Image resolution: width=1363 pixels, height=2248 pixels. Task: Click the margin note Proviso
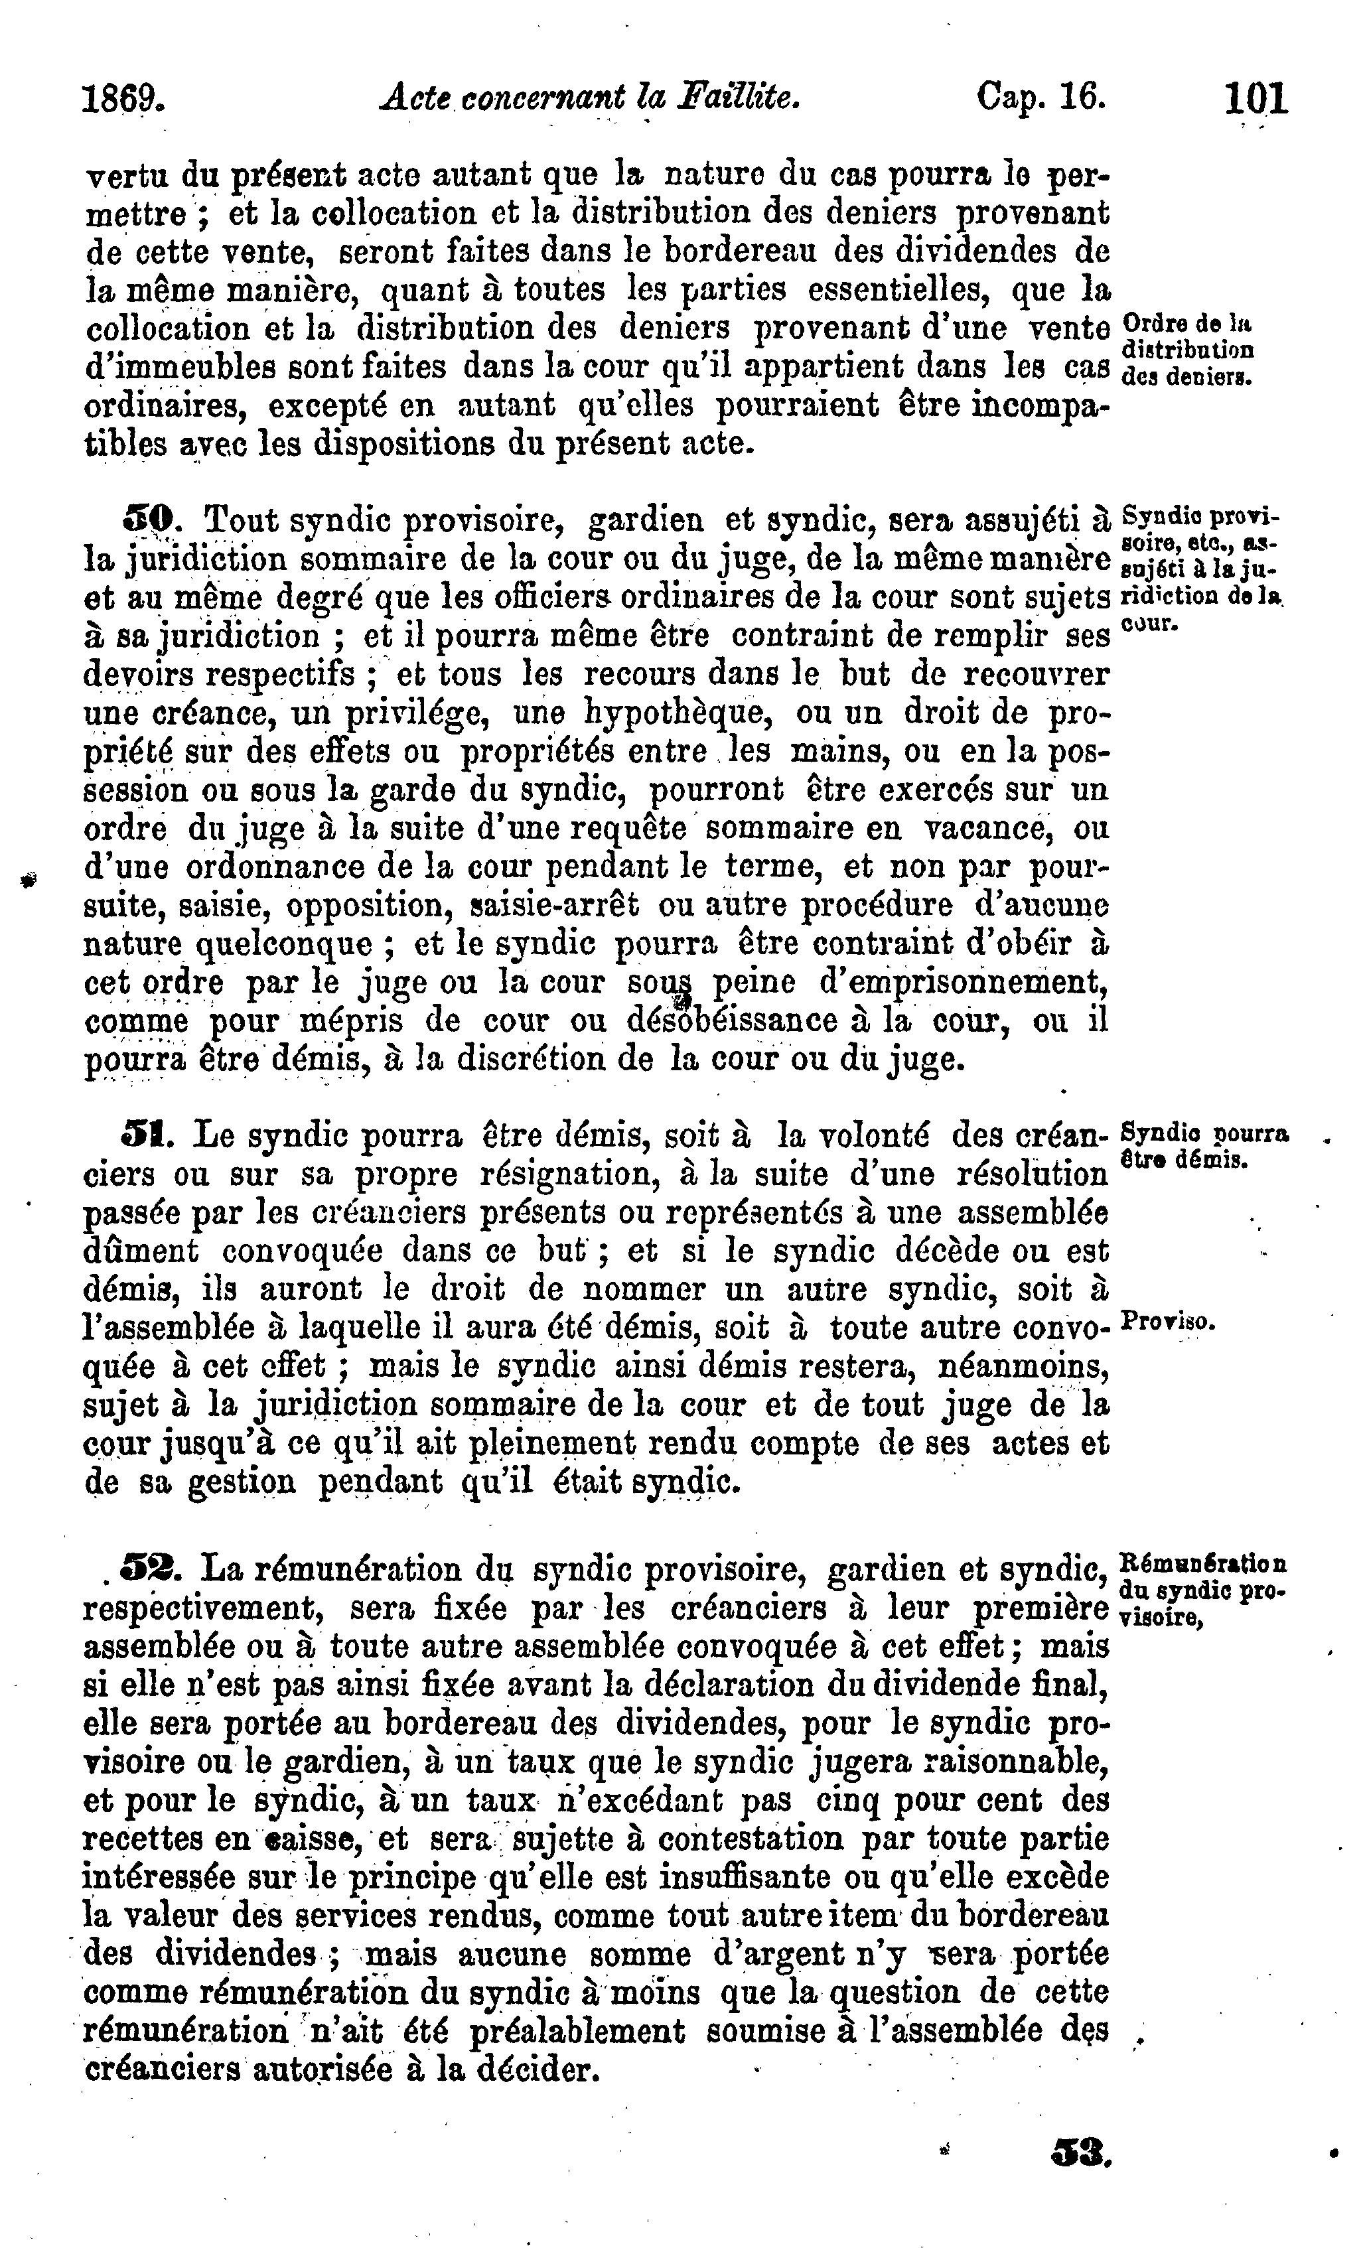[1166, 1322]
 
